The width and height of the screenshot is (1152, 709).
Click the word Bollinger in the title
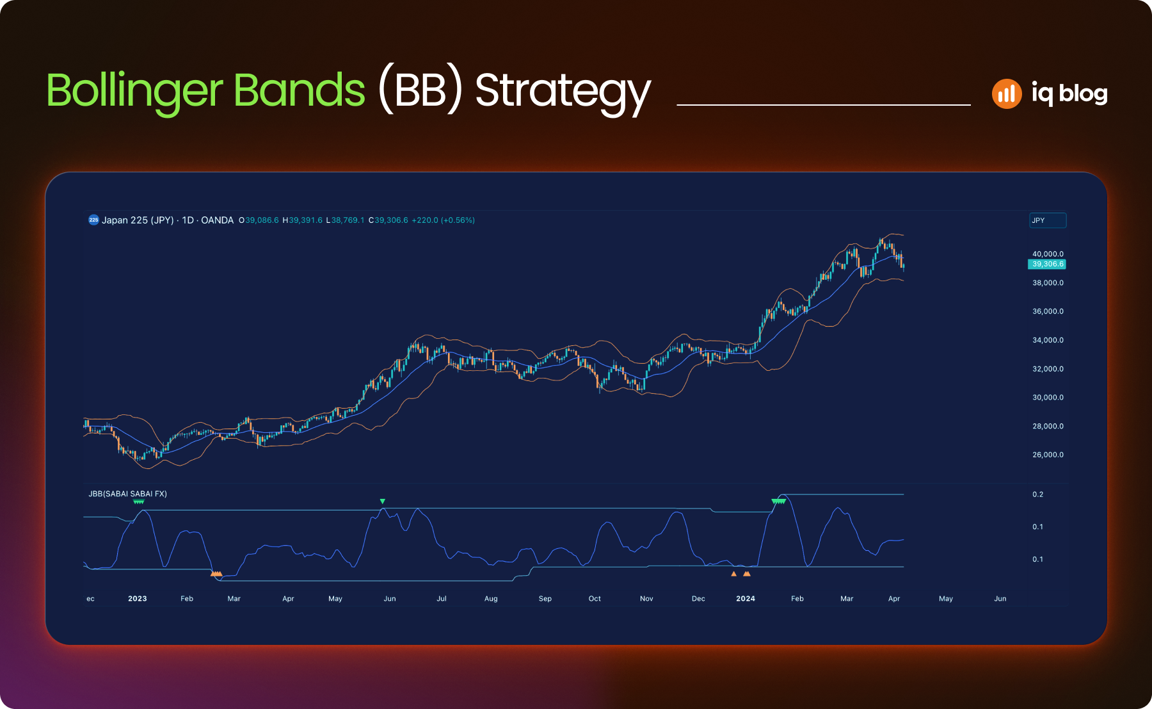(134, 91)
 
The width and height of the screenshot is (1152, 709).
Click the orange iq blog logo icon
(1007, 94)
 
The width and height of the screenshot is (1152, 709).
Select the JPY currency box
(1048, 220)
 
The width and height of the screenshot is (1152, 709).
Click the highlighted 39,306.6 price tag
(1047, 264)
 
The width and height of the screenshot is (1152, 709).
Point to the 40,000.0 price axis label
(1048, 254)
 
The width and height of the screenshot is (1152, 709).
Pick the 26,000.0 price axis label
(1048, 455)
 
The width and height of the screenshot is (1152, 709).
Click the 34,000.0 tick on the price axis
(1048, 340)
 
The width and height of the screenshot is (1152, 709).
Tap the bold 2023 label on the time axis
(138, 599)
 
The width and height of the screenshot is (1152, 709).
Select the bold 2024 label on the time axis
(746, 599)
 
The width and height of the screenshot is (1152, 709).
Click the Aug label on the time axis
(491, 599)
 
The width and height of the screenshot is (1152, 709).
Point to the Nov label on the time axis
(646, 599)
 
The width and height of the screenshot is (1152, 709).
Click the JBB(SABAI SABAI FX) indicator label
(127, 494)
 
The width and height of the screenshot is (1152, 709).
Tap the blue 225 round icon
(93, 220)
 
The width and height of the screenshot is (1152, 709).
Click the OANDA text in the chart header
(217, 220)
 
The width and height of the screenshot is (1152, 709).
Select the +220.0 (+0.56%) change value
(443, 220)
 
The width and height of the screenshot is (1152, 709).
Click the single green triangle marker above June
(383, 501)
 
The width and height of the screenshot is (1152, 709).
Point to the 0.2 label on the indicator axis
(1037, 494)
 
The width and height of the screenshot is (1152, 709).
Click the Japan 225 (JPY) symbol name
(138, 220)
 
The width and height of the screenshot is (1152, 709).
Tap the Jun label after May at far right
(1000, 599)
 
